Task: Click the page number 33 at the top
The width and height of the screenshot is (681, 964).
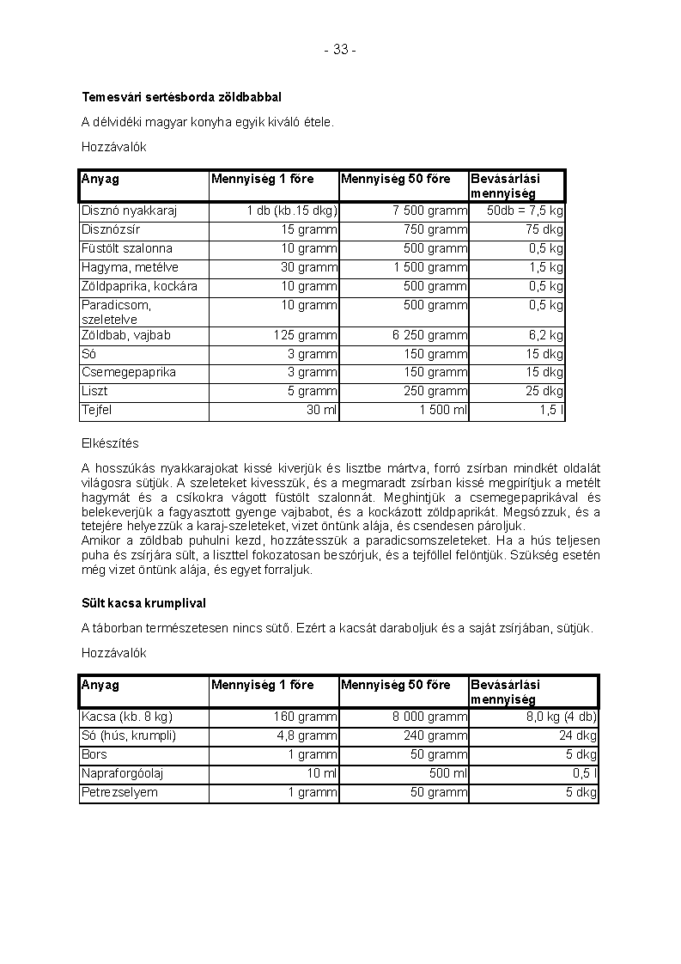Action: (x=340, y=50)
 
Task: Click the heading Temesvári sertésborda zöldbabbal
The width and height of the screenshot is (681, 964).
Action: (x=182, y=97)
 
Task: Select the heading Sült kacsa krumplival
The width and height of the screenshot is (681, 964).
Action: (x=143, y=603)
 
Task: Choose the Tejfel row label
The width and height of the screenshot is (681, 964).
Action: (x=96, y=410)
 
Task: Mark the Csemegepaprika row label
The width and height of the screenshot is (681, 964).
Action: (x=129, y=372)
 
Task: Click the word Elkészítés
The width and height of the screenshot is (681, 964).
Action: (x=110, y=443)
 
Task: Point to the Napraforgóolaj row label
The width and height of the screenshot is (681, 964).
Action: (x=123, y=773)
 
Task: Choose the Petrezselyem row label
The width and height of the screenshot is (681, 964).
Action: (x=119, y=792)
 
